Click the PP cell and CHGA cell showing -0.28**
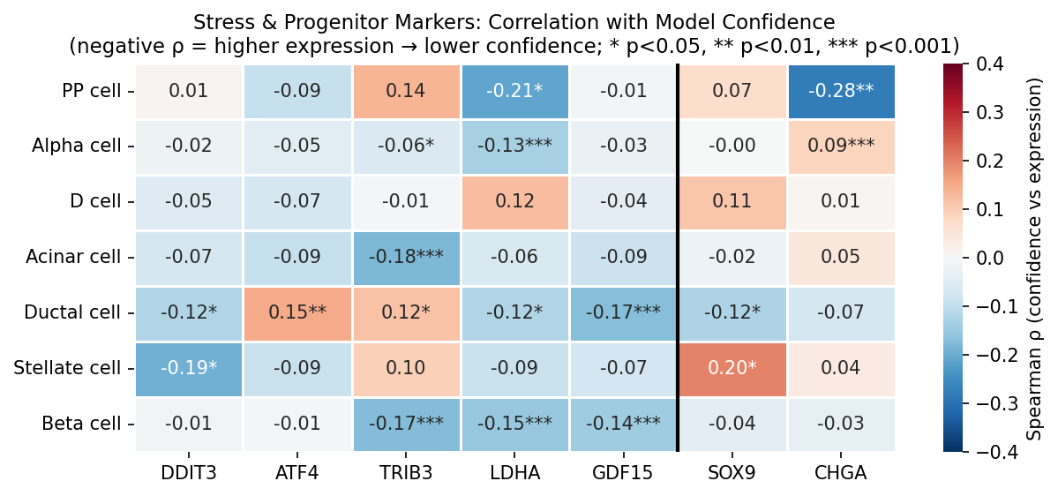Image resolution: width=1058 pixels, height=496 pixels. pos(841,91)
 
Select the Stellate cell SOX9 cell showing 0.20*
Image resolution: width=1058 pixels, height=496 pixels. pos(732,368)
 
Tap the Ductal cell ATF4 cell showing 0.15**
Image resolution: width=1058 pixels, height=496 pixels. pos(297,312)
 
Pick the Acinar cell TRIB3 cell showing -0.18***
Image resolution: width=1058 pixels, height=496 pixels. pos(406,257)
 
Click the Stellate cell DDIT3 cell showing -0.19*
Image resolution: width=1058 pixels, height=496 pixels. pos(189,368)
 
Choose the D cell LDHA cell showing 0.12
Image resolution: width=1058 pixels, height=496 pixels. pos(514,201)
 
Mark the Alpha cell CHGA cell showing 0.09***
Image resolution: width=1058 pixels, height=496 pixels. pos(841,146)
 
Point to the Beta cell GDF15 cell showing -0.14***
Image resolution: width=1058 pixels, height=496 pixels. pos(623,423)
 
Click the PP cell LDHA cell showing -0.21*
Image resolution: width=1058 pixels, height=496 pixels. pos(514,91)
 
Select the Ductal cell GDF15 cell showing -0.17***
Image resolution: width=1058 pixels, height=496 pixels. pos(623,312)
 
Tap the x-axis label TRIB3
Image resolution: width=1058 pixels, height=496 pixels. pos(406,474)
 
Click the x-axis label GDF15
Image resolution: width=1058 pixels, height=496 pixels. pos(623,474)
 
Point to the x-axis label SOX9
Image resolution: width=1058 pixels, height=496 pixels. pos(732,474)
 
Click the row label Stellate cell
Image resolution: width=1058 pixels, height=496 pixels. pos(67,368)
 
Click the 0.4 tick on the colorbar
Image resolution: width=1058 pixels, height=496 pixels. pos(986,64)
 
